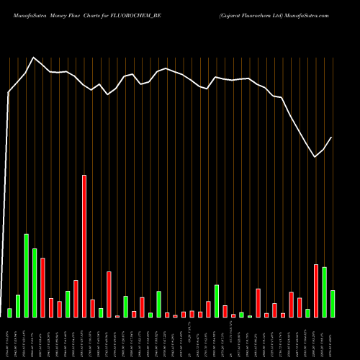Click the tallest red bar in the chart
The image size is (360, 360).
click(84, 246)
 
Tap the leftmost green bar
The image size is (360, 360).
click(9, 312)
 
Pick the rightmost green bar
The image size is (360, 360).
click(333, 303)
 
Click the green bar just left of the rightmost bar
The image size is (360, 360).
click(325, 292)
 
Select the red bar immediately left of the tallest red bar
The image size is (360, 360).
click(76, 298)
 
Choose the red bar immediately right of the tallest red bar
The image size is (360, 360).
click(92, 308)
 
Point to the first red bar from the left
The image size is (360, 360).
click(42, 287)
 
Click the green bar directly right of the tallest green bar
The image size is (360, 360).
click(35, 282)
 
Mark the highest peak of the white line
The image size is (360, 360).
click(34, 57)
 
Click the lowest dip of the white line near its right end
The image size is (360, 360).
click(315, 157)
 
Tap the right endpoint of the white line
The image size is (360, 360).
click(332, 137)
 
